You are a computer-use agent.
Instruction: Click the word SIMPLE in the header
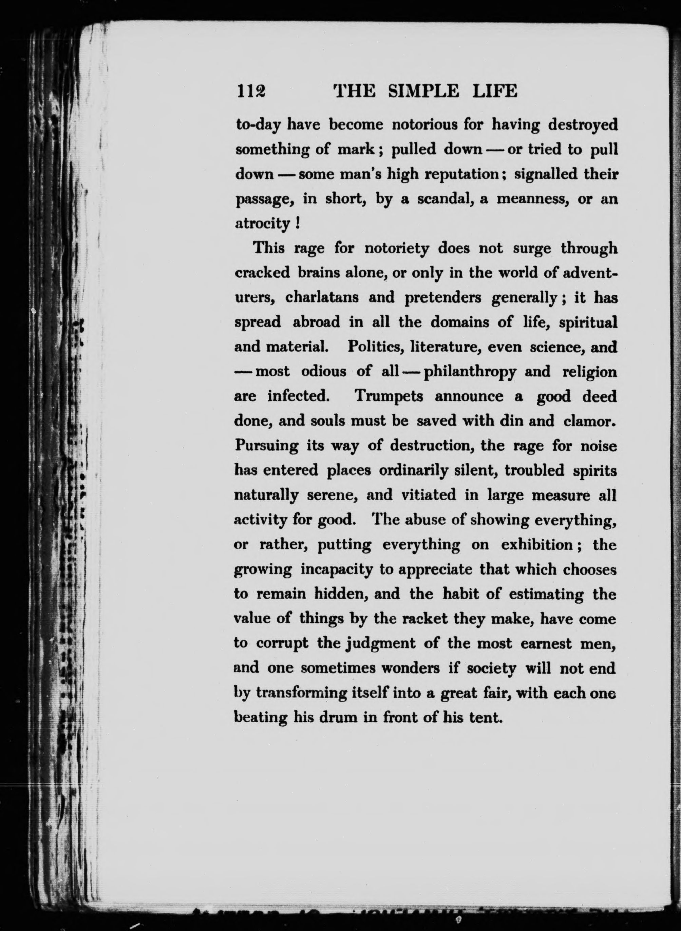pyautogui.click(x=423, y=91)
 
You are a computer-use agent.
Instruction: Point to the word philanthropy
pyautogui.click(x=470, y=372)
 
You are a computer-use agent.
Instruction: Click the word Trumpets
pyautogui.click(x=389, y=397)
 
